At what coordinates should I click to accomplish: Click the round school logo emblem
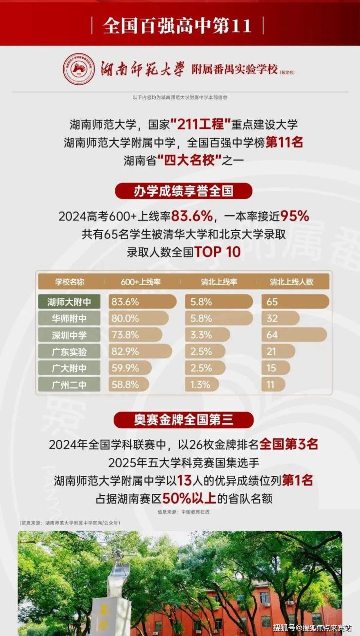[x=79, y=69]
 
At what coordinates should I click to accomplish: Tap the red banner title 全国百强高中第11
[x=178, y=25]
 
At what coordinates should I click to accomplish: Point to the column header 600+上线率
[x=141, y=282]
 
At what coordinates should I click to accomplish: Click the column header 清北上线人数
[x=292, y=282]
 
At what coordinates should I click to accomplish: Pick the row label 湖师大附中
[x=69, y=302]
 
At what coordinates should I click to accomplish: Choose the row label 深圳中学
[x=69, y=335]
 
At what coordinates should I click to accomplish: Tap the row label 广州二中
[x=69, y=384]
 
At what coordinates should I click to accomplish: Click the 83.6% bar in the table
[x=142, y=302]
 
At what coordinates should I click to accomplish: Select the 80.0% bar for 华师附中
[x=138, y=318]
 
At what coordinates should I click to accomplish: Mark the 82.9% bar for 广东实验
[x=140, y=351]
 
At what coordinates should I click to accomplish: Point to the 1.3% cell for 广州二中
[x=204, y=384]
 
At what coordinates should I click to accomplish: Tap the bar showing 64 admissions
[x=294, y=335]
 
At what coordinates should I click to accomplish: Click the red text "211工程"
[x=203, y=125]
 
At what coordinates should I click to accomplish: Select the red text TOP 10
[x=217, y=252]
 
